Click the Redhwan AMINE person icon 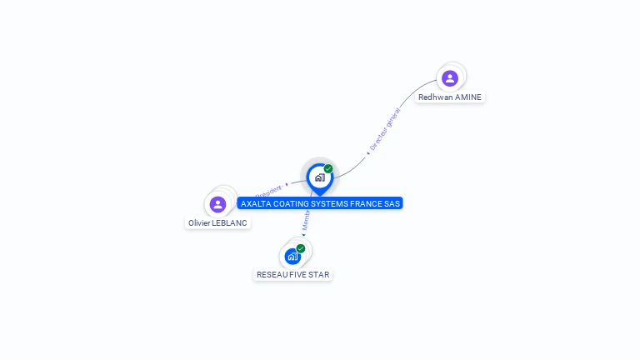[450, 78]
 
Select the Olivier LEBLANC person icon [217, 204]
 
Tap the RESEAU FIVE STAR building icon [292, 256]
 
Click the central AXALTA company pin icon [319, 177]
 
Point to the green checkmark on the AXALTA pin [328, 168]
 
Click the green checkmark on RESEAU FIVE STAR [301, 248]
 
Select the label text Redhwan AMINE [450, 97]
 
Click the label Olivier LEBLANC [218, 223]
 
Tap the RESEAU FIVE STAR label [292, 275]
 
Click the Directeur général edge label [385, 129]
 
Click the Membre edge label [307, 220]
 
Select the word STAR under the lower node [319, 275]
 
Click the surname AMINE [468, 97]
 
